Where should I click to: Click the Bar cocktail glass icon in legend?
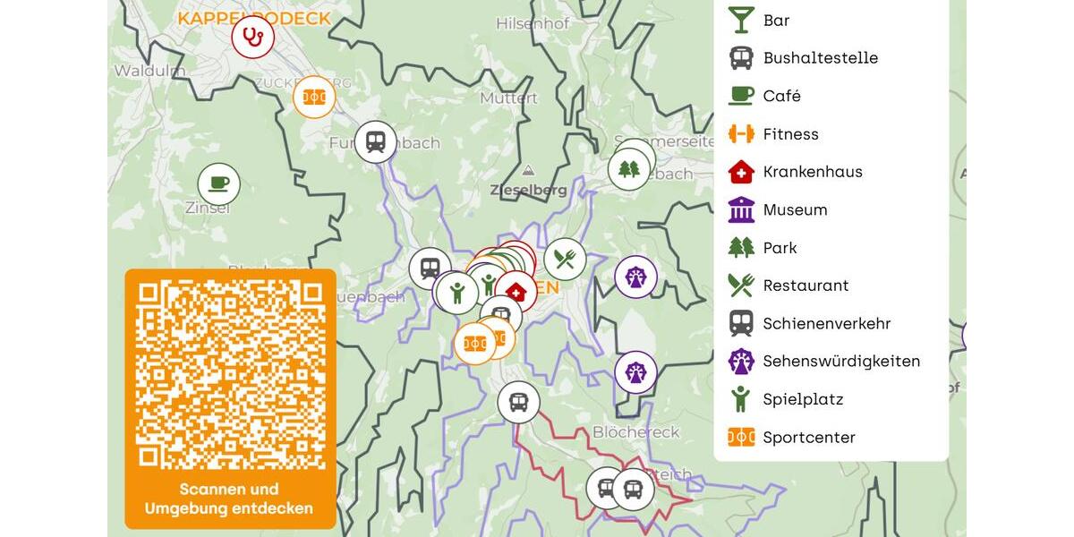tap(741, 20)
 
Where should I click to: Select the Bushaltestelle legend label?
tap(820, 58)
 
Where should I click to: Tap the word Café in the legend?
tap(781, 96)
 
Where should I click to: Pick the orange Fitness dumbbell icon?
tap(741, 134)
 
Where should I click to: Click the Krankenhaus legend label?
tap(813, 172)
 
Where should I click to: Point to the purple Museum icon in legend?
tap(741, 209)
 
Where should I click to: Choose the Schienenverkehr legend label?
tap(826, 324)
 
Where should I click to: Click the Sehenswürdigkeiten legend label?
tap(841, 362)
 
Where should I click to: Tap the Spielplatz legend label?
tap(803, 399)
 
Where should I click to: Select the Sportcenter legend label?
tap(809, 438)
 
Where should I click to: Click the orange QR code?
tap(230, 375)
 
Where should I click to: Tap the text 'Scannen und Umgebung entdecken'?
tap(229, 499)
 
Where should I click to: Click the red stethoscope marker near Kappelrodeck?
tap(253, 38)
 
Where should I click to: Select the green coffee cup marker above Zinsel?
tap(219, 184)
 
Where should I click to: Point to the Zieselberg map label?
tap(528, 190)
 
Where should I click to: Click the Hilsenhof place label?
tap(532, 24)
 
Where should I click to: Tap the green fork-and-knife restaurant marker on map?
tap(565, 260)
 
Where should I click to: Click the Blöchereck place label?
tap(635, 432)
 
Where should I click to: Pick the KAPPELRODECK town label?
tap(253, 18)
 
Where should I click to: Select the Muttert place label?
tap(508, 98)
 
